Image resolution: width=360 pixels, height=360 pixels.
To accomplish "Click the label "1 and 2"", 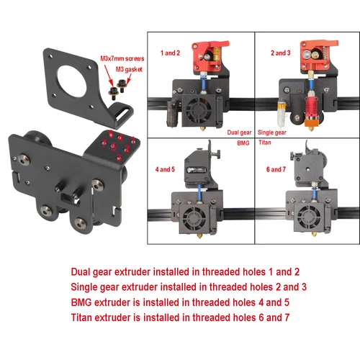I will (171, 53).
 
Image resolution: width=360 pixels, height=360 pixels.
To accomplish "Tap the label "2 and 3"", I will (282, 53).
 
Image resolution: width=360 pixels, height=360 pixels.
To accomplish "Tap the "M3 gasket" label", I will (129, 69).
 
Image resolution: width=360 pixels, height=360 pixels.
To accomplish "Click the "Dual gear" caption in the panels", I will (240, 132).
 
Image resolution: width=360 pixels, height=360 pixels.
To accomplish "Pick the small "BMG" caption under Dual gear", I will (240, 144).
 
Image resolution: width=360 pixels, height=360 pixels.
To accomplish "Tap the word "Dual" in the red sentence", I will (81, 272).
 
